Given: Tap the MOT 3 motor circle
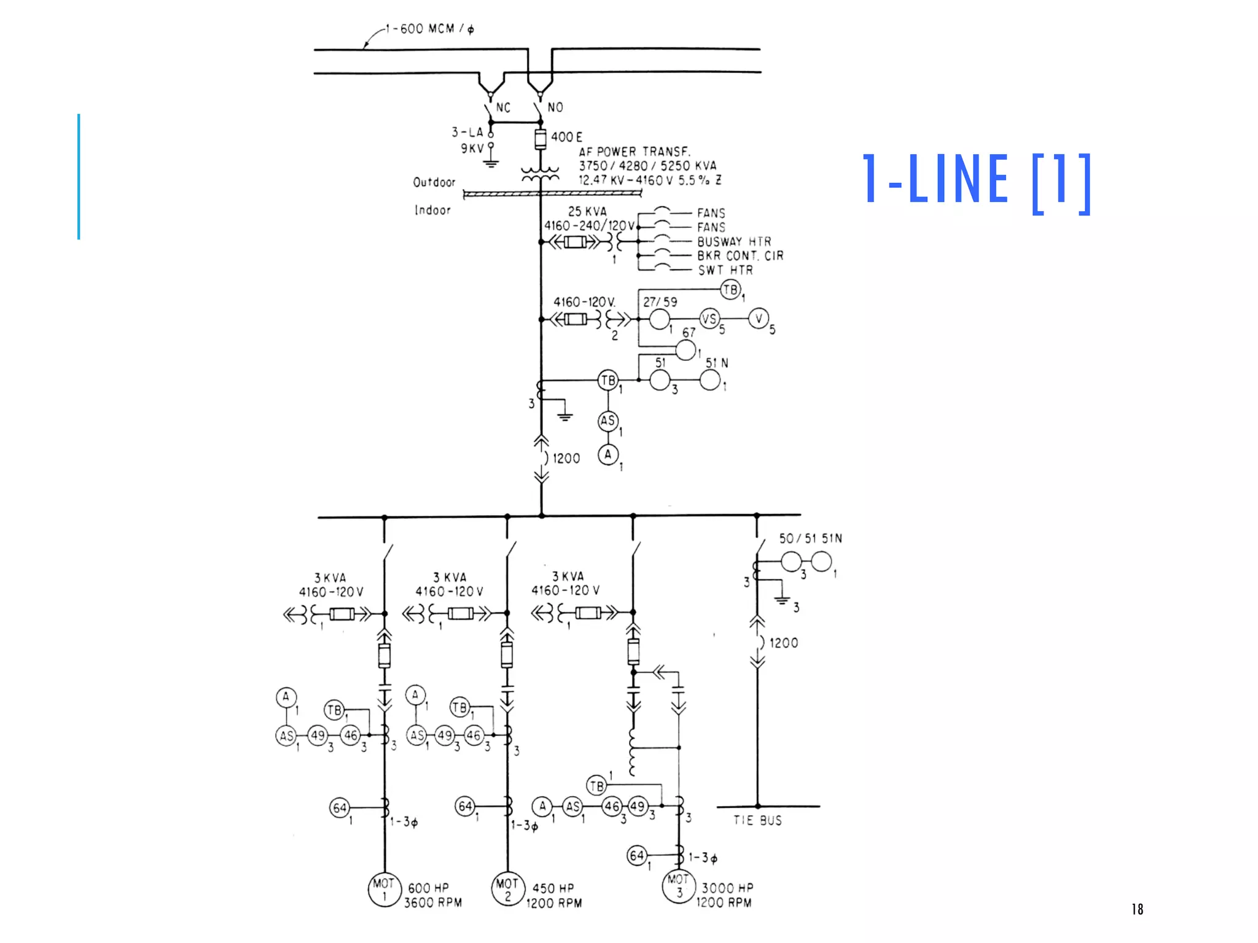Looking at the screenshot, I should (679, 886).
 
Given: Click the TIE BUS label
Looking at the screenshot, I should (757, 820).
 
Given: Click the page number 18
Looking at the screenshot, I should (1137, 909).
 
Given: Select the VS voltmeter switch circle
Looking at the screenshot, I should (709, 319).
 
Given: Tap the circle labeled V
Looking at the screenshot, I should (759, 318).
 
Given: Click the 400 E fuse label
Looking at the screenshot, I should (566, 137).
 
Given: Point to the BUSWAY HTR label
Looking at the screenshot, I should (734, 242).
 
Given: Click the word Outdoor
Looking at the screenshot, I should (434, 182).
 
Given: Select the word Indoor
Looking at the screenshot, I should (432, 210).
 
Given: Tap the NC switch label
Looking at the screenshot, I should (503, 108).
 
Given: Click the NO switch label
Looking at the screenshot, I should (555, 107).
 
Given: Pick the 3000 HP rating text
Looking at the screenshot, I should (727, 888).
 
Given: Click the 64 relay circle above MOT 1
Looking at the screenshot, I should (340, 808).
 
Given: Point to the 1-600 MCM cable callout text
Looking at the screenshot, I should (430, 29).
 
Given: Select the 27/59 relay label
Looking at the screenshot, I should (660, 302).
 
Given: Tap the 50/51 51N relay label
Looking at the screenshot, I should (810, 538).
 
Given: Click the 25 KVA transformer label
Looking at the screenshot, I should (587, 211).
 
